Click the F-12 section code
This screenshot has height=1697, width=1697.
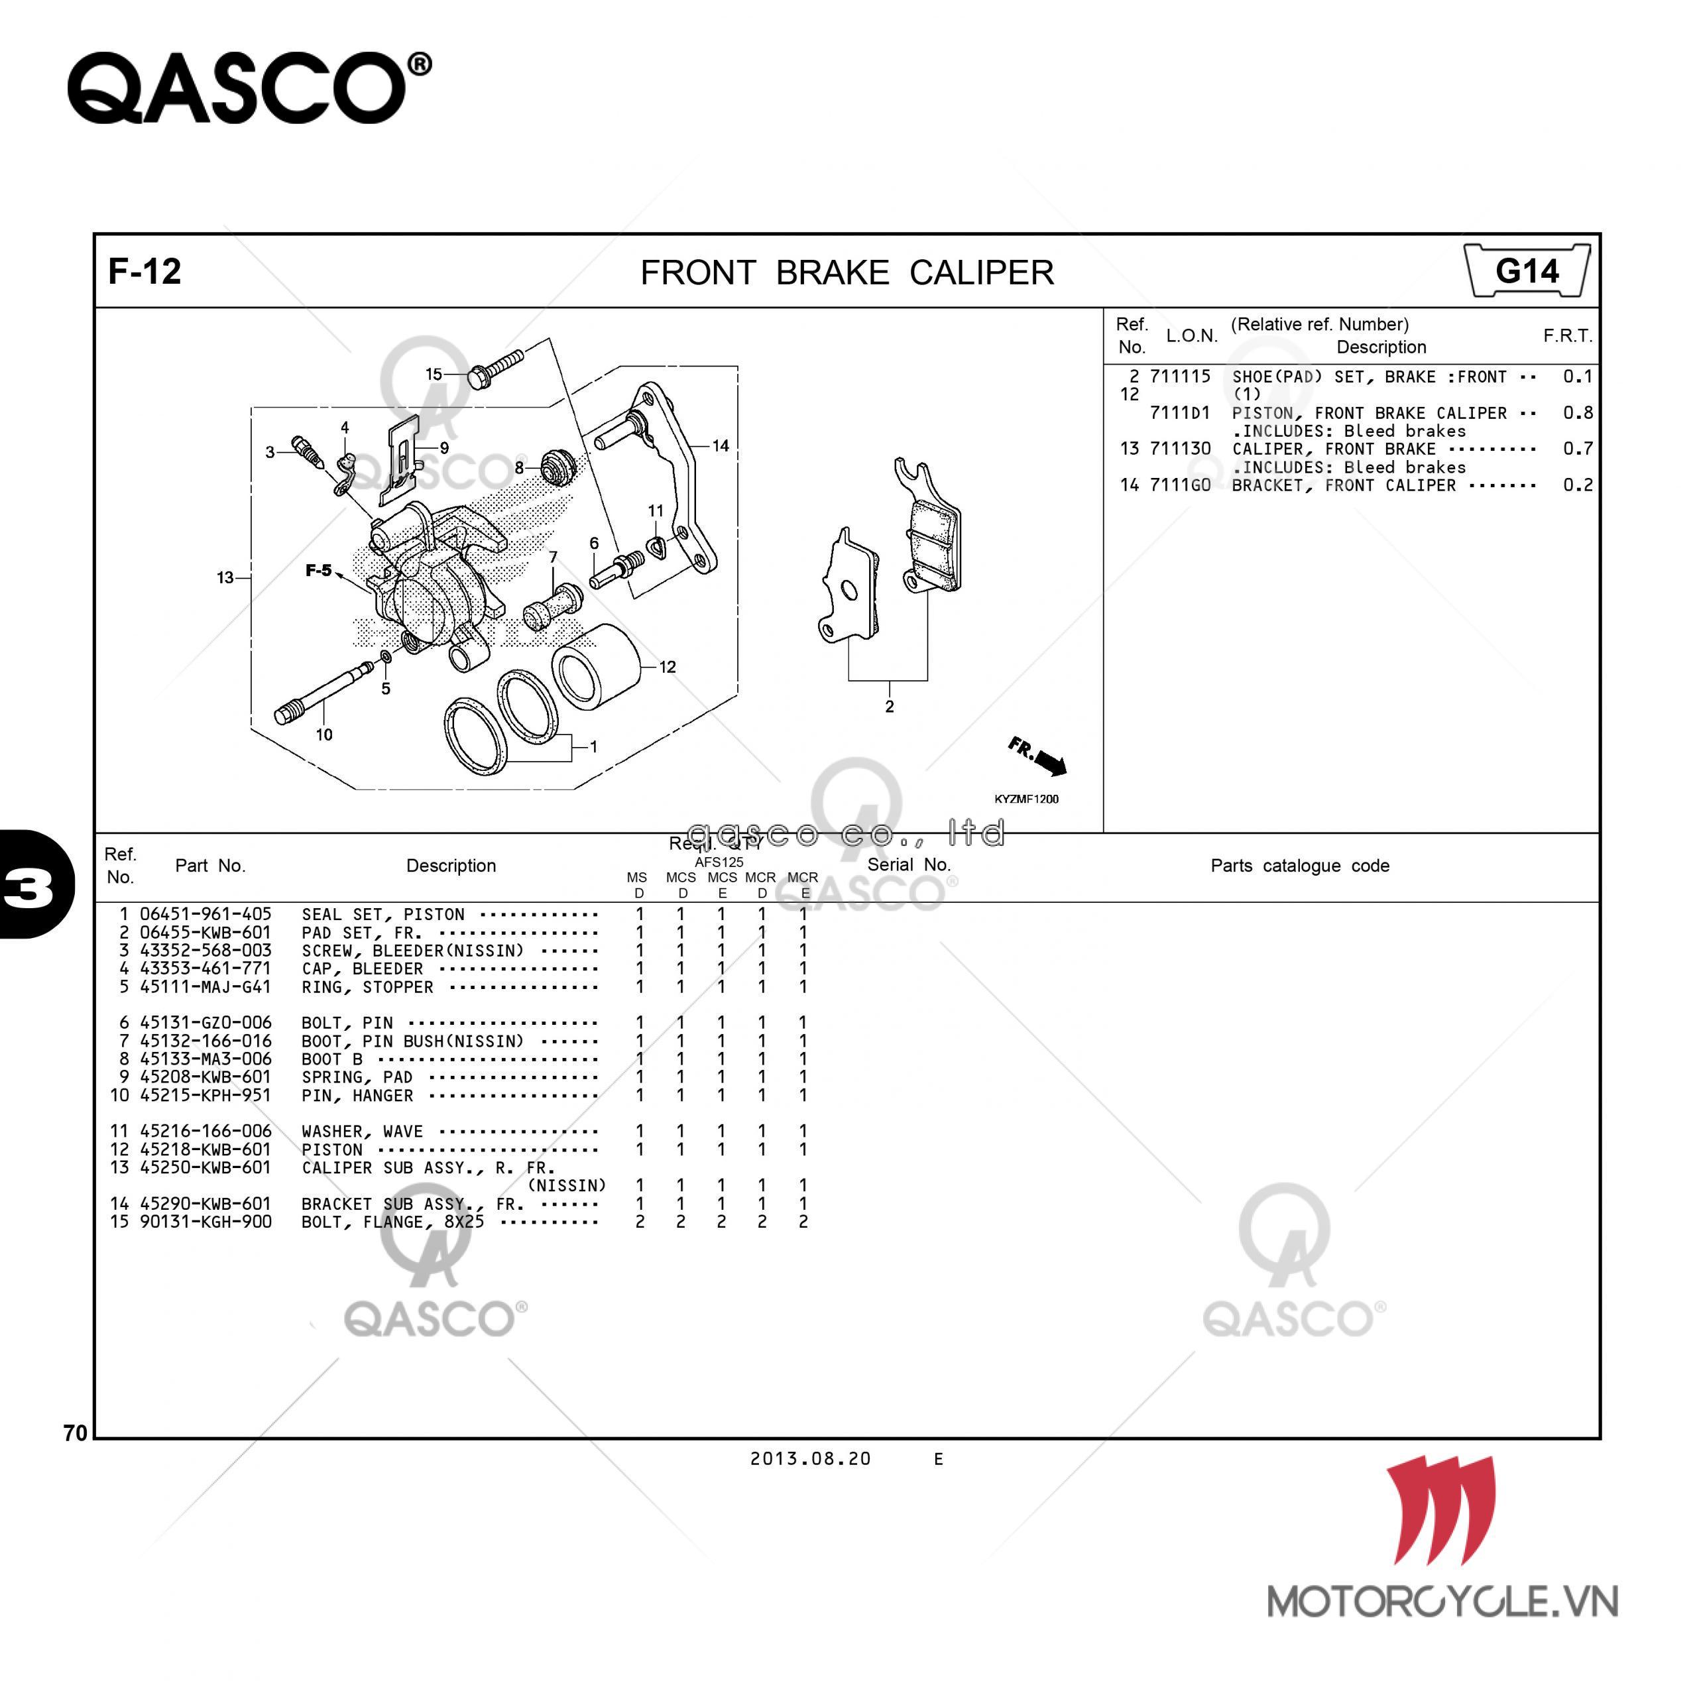coord(145,271)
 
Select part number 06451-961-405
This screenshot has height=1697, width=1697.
coord(205,913)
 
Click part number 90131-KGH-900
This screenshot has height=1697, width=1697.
coord(205,1221)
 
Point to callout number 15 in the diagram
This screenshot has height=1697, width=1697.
coord(434,374)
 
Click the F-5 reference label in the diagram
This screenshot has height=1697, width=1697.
coord(318,570)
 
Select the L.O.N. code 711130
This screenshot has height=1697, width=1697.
coord(1181,448)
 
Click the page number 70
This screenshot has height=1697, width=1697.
coord(76,1433)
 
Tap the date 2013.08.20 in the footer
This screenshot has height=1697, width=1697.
coord(810,1458)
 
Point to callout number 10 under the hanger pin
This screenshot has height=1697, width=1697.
coord(324,734)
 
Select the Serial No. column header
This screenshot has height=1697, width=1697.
coord(909,864)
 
